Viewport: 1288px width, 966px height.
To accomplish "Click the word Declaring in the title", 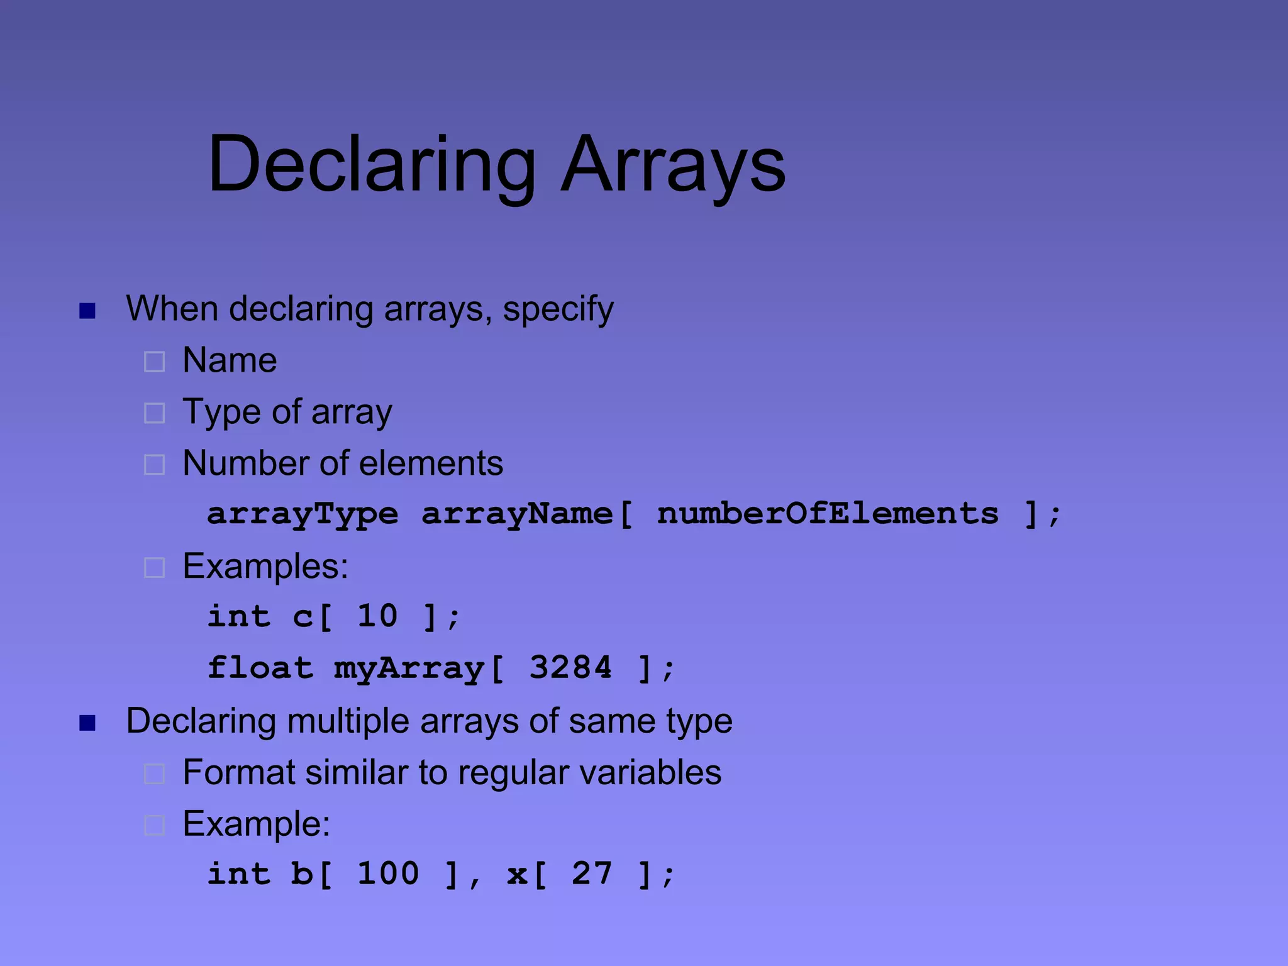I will (x=371, y=165).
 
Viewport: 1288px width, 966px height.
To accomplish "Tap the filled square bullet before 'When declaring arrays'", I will (x=87, y=311).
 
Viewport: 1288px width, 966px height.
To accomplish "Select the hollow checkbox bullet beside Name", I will (x=154, y=362).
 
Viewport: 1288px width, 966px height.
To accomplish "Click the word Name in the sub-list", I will (x=230, y=360).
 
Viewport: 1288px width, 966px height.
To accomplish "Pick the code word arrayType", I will (x=303, y=514).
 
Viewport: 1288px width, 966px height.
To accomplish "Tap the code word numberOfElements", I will (x=828, y=514).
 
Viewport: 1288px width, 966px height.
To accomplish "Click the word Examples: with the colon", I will (x=265, y=567).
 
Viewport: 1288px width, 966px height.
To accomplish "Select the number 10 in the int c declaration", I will (x=377, y=616).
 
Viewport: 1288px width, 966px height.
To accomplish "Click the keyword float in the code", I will (x=260, y=667).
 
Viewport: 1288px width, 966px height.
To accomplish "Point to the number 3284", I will (x=570, y=667).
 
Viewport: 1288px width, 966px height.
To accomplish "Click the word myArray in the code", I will (x=409, y=669).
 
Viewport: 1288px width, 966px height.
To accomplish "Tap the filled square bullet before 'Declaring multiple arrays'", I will (x=87, y=723).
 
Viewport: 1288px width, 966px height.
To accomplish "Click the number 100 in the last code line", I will (x=388, y=874).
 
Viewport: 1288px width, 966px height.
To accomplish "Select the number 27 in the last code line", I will (x=591, y=874).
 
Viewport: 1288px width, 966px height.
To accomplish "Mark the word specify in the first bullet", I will (x=558, y=310).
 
